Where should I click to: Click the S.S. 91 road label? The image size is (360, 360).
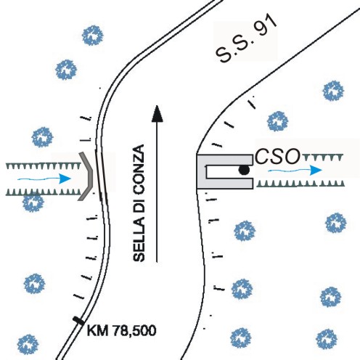[x=246, y=39]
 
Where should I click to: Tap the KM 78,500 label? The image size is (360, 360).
[x=121, y=330]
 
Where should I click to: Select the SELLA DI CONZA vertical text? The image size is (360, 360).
[x=139, y=203]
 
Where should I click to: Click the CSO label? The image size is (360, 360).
[x=277, y=157]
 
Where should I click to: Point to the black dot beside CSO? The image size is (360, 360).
[x=244, y=170]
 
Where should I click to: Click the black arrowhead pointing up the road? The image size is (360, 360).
[x=157, y=113]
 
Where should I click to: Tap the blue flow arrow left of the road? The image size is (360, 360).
[x=44, y=179]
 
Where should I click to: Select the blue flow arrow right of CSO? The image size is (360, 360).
[x=295, y=170]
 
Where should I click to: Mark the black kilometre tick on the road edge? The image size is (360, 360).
[x=78, y=321]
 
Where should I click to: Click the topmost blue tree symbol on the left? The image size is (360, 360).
[x=92, y=36]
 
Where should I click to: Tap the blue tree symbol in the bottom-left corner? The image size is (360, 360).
[x=28, y=345]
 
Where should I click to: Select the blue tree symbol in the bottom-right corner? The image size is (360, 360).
[x=327, y=339]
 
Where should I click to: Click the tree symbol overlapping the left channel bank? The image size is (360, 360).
[x=33, y=202]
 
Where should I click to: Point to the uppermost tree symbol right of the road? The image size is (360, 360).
[x=333, y=91]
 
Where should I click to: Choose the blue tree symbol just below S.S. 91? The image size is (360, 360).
[x=277, y=121]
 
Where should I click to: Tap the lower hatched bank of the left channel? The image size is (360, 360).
[x=44, y=192]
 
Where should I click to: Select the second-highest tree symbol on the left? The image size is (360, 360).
[x=66, y=70]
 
